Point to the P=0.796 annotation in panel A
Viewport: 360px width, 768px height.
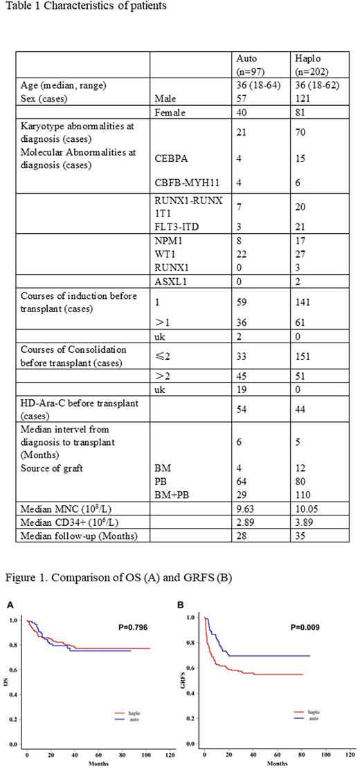click(131, 628)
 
